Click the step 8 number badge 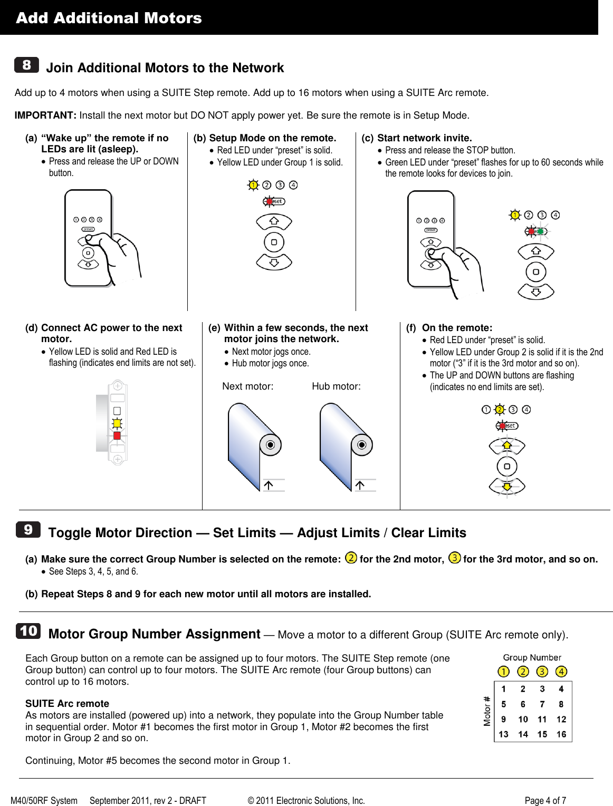(26, 65)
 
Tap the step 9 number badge (28, 529)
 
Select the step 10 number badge (28, 631)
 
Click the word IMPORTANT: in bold (45, 115)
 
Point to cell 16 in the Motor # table (561, 734)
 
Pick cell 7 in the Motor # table (542, 704)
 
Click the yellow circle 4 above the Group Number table (561, 672)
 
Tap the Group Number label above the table (532, 657)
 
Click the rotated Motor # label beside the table (487, 711)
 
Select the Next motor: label (248, 386)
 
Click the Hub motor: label (336, 386)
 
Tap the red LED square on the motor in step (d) (117, 436)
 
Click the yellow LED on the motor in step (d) (117, 423)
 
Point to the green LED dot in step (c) (540, 231)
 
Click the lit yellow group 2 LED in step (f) (500, 410)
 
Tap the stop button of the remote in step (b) (274, 242)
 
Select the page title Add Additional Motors (109, 18)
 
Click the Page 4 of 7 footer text (545, 800)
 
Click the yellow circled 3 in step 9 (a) (454, 558)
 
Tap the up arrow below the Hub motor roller (360, 485)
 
